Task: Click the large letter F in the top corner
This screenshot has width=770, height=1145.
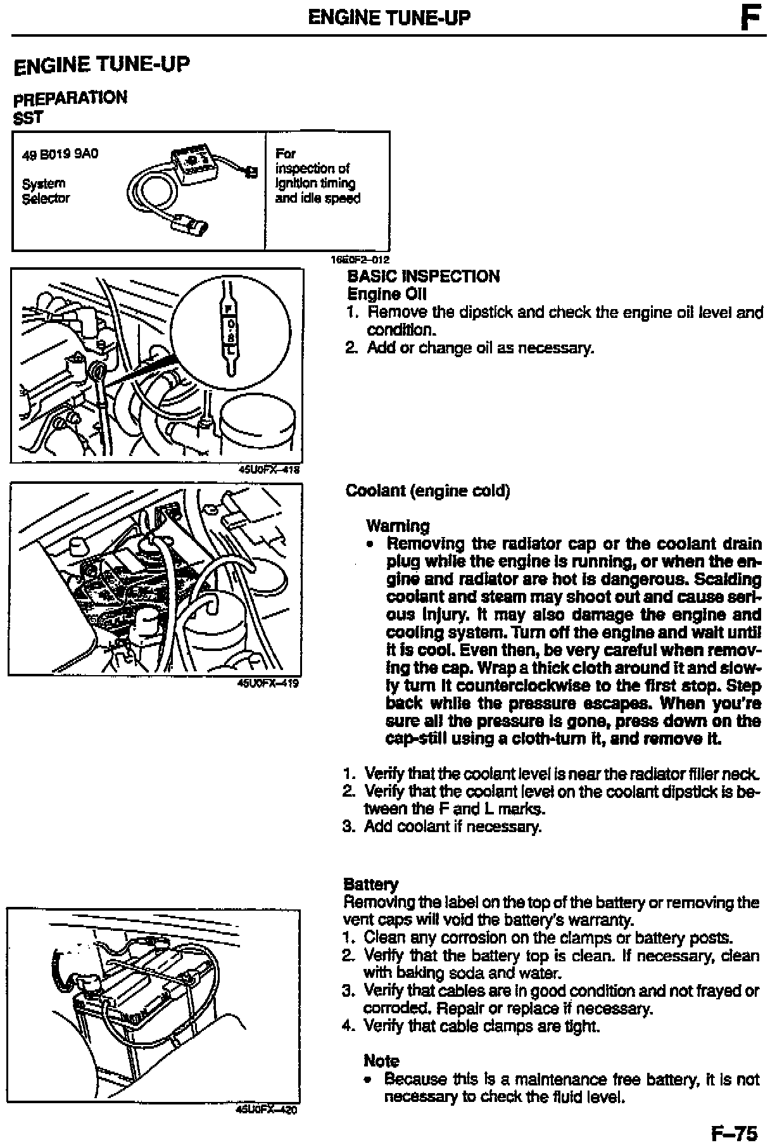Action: [x=748, y=18]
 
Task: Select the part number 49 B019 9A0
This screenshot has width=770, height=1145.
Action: [x=60, y=154]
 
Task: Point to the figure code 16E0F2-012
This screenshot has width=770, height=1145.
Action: [x=360, y=259]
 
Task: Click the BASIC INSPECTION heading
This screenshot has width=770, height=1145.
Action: [x=424, y=276]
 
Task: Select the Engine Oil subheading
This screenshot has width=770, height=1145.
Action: [x=387, y=294]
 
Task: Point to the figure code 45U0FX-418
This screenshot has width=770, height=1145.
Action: [x=268, y=470]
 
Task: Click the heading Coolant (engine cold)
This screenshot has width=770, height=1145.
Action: [x=427, y=491]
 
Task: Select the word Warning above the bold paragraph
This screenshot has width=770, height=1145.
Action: [x=398, y=526]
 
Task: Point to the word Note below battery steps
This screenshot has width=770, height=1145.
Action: [x=381, y=1061]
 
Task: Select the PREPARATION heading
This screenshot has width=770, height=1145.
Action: [x=70, y=98]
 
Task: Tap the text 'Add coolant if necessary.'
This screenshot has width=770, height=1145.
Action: [x=453, y=826]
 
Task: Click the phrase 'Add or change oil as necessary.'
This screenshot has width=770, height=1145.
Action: [x=481, y=348]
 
